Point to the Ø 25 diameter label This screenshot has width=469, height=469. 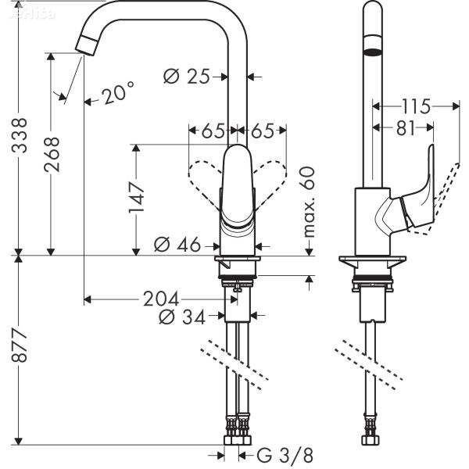pyautogui.click(x=188, y=76)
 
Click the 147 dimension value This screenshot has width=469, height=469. pyautogui.click(x=136, y=199)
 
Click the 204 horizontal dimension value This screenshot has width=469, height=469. pyautogui.click(x=159, y=299)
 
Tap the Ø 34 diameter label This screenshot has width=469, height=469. pyautogui.click(x=181, y=317)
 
